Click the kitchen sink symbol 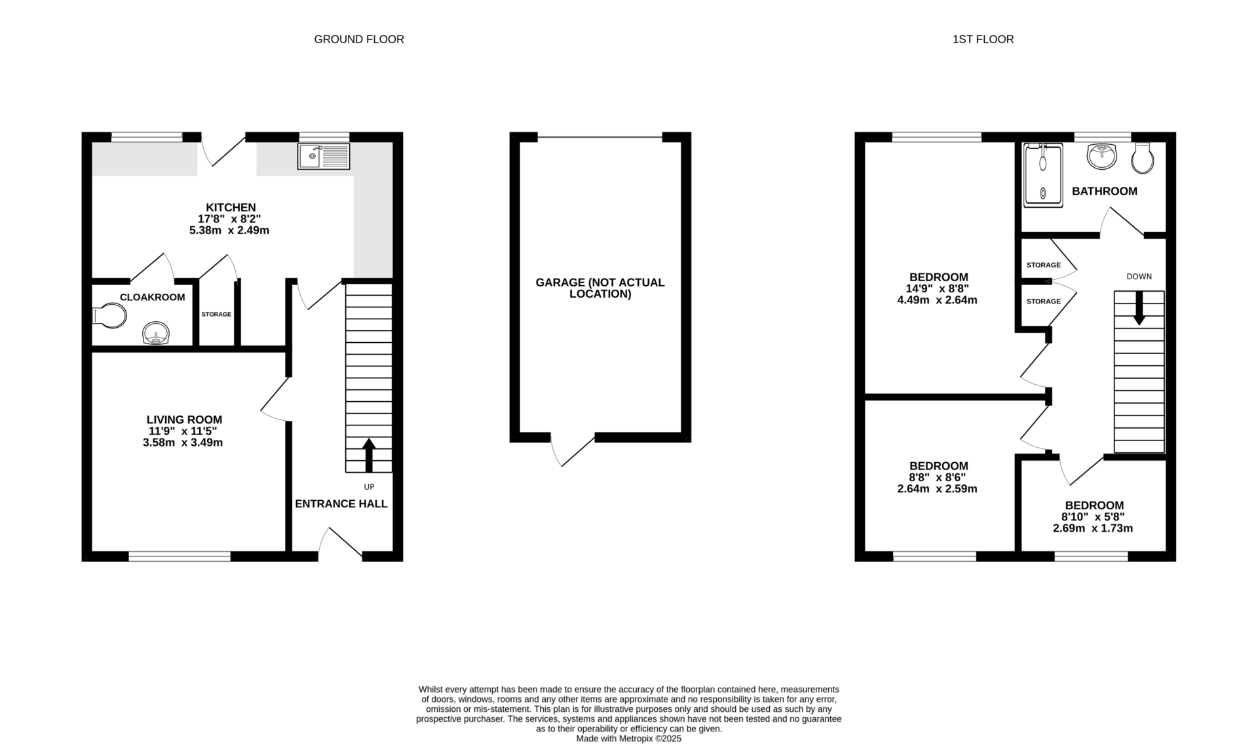(x=324, y=156)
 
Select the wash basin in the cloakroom (x=156, y=334)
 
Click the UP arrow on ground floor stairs (x=368, y=455)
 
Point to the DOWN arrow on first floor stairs (x=1139, y=307)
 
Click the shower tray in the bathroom (x=1042, y=175)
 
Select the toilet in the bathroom (x=1143, y=158)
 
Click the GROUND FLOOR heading (x=359, y=39)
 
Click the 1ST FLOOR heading (x=983, y=39)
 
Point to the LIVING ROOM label (x=184, y=420)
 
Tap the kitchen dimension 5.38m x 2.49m (x=229, y=231)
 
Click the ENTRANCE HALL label (x=341, y=503)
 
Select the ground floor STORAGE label (x=216, y=314)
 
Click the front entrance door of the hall (x=341, y=544)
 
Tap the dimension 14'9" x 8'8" (x=937, y=288)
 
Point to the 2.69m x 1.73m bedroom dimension (x=1093, y=528)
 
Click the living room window (x=180, y=557)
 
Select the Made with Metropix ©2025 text (x=628, y=738)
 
